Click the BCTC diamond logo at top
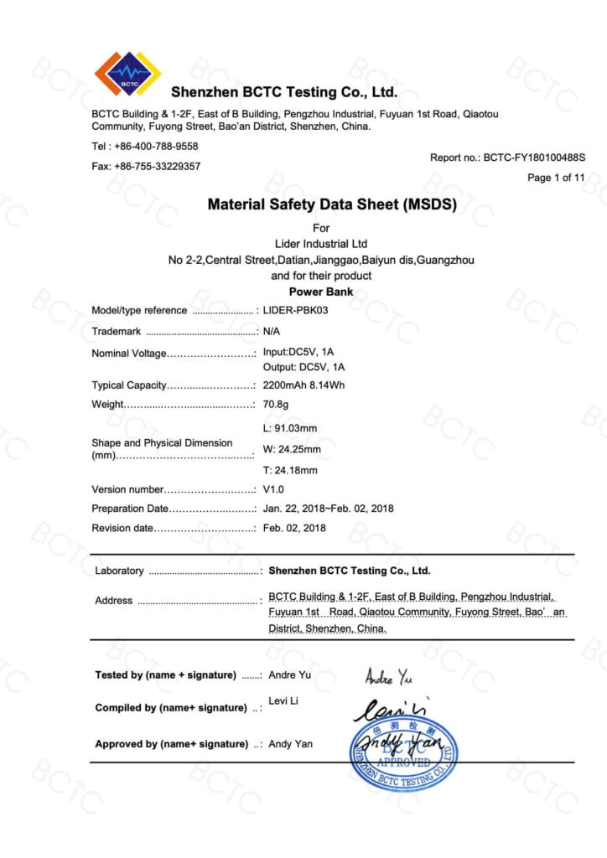tap(127, 75)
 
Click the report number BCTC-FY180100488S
tap(534, 158)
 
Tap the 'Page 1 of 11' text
tap(556, 178)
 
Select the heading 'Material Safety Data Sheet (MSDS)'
tap(321, 204)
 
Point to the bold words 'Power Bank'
tap(321, 292)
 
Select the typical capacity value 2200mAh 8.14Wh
tap(303, 385)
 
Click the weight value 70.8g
tap(276, 405)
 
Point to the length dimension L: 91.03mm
tap(290, 429)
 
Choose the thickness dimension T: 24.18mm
tap(291, 470)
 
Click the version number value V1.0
tap(274, 489)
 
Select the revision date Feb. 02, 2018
tap(294, 528)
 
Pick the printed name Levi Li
tap(283, 701)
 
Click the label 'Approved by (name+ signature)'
tap(171, 744)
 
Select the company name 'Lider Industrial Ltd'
tap(321, 244)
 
